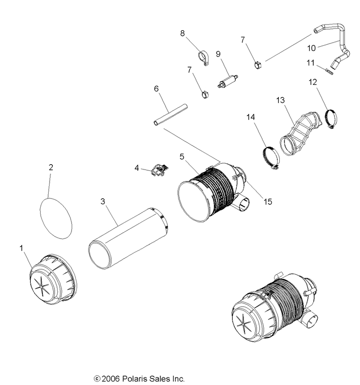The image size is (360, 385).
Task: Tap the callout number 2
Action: (50, 167)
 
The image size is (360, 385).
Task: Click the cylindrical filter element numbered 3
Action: (128, 235)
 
